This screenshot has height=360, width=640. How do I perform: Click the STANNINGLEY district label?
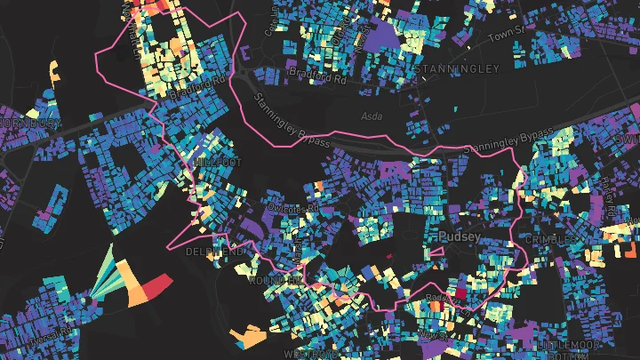[x=463, y=68]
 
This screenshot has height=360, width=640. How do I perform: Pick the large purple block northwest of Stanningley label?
[x=383, y=36]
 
